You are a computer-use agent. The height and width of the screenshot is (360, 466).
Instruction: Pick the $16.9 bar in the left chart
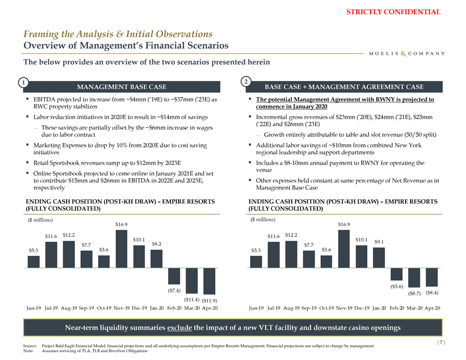pos(121,249)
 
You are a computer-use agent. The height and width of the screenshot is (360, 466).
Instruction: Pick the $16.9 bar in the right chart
pos(344,249)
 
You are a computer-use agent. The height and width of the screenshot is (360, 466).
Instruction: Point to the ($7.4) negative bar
pos(175,277)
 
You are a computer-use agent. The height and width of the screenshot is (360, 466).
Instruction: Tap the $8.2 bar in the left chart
pos(156,258)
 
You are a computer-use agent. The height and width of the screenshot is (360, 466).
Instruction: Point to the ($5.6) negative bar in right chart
pos(397,274)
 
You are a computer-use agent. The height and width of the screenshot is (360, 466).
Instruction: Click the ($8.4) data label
pos(432,292)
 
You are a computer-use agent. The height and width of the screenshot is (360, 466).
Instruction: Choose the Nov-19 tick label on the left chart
pos(121,308)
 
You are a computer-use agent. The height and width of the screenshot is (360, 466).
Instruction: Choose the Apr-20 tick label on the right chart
pos(432,308)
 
